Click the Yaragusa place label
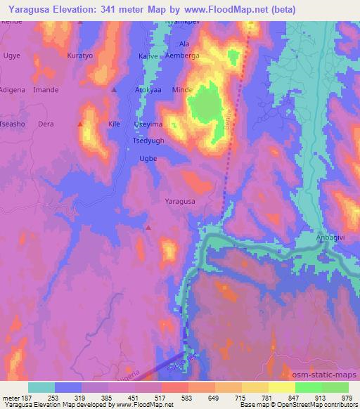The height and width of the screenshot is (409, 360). pyautogui.click(x=179, y=201)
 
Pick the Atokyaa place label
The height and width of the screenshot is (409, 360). pyautogui.click(x=149, y=90)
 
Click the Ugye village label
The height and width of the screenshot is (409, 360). pyautogui.click(x=12, y=56)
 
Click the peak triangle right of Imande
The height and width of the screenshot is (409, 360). pyautogui.click(x=114, y=90)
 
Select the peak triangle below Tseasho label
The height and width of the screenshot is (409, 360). pyautogui.click(x=79, y=124)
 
